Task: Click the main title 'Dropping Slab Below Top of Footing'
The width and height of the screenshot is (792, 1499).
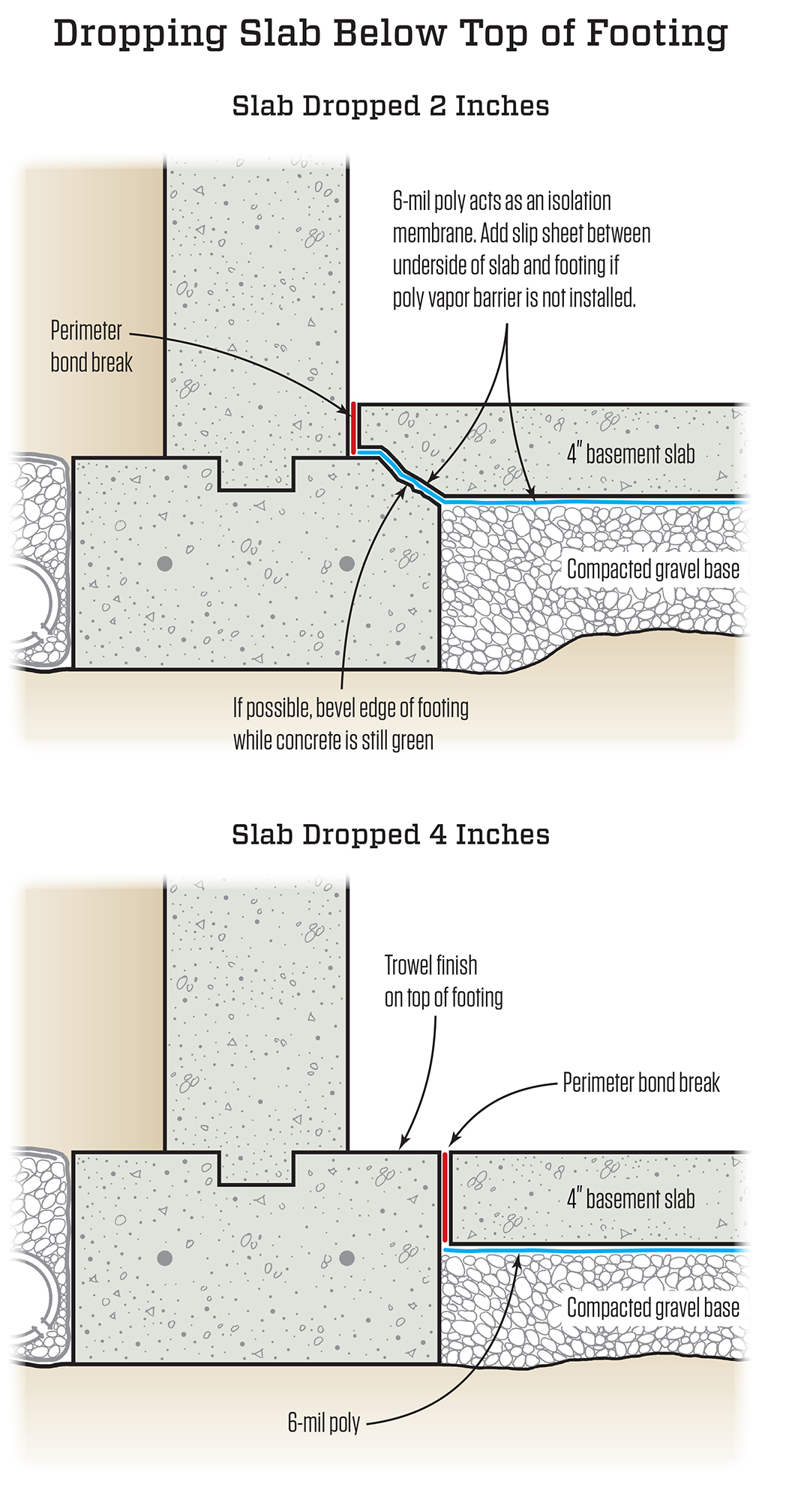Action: (x=391, y=34)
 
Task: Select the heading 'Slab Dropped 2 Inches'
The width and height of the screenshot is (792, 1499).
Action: (x=391, y=106)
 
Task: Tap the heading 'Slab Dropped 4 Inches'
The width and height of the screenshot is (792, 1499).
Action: (x=391, y=835)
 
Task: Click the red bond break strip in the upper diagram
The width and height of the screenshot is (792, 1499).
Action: (x=352, y=428)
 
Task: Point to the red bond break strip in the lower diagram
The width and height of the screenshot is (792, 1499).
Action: (x=445, y=1198)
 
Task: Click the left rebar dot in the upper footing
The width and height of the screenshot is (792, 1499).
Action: (x=165, y=563)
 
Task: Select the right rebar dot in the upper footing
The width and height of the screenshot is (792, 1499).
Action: (x=346, y=563)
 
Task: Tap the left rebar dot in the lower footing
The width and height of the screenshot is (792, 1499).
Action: (x=165, y=1258)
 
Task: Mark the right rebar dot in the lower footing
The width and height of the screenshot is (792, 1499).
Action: (x=346, y=1258)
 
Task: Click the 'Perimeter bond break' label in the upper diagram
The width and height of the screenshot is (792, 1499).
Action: (x=91, y=346)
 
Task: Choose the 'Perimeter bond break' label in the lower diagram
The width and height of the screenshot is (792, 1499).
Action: (x=641, y=1082)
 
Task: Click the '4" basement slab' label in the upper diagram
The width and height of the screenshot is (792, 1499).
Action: (x=631, y=454)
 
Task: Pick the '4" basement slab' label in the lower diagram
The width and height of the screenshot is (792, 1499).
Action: (x=631, y=1198)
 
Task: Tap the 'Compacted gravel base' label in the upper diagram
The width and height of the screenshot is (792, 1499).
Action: (x=653, y=569)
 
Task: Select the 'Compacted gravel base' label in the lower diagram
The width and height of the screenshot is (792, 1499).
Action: (x=653, y=1308)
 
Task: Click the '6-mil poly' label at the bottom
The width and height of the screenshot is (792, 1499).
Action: (x=324, y=1423)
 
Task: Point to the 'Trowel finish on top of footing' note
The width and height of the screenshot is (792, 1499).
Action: (x=443, y=981)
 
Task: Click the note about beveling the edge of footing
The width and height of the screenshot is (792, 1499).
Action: (x=351, y=724)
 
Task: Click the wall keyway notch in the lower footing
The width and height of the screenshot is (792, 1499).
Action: (x=256, y=1168)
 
